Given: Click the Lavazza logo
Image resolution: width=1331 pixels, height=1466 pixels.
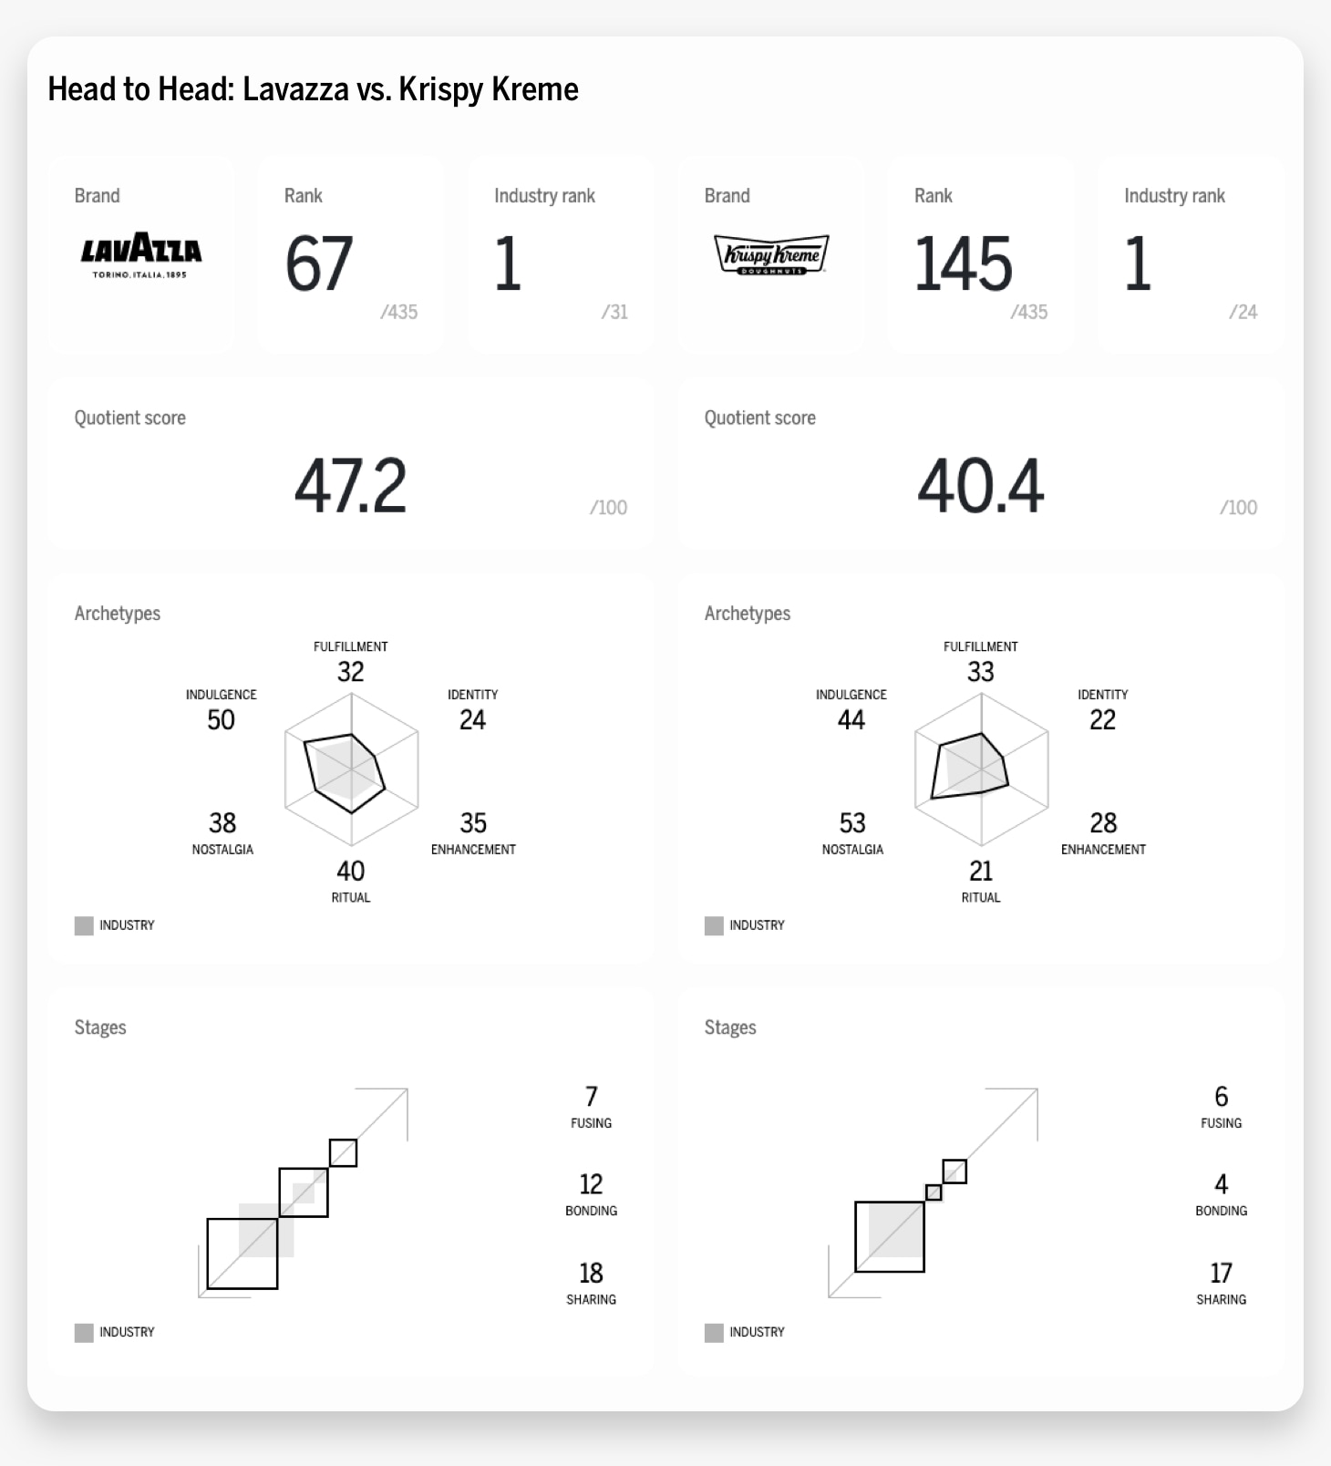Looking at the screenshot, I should (x=141, y=254).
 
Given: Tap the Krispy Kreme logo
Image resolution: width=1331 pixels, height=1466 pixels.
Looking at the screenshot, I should (x=771, y=254).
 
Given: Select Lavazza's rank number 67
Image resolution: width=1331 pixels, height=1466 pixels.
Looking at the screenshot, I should (x=319, y=264).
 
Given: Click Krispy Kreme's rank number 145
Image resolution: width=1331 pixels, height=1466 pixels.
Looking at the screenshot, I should (x=963, y=264).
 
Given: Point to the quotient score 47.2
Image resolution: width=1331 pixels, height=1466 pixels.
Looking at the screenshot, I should (x=350, y=486).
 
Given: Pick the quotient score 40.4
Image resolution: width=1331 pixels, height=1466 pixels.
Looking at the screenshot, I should (x=980, y=486).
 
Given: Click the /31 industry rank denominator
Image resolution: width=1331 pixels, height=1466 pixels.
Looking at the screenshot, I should (x=614, y=312).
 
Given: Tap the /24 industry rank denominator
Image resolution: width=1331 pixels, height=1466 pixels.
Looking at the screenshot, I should (x=1243, y=312).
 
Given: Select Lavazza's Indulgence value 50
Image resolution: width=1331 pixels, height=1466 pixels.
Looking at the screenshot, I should (x=221, y=720).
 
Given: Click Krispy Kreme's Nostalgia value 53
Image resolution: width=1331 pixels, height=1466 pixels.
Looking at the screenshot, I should (x=852, y=823).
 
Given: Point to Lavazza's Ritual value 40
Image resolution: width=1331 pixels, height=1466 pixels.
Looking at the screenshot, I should (x=351, y=872).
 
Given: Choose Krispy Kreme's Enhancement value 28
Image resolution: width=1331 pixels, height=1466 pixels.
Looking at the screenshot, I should (x=1103, y=823).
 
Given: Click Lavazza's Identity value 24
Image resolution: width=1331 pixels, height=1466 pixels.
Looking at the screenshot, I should (x=472, y=720).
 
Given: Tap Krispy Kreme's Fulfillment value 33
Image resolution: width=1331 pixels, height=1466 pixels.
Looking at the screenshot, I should (x=981, y=673).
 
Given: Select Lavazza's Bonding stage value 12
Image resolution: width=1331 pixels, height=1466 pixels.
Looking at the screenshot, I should (x=591, y=1184).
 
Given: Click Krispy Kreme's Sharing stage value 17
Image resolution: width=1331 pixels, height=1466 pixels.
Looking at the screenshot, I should (x=1221, y=1273).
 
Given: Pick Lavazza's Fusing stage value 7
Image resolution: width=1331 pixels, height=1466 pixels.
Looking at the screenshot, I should (x=591, y=1097).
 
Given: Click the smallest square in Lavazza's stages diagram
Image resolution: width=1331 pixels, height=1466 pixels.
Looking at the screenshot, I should (x=343, y=1152).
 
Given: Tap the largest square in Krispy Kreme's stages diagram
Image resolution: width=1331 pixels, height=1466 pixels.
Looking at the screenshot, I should (x=890, y=1237).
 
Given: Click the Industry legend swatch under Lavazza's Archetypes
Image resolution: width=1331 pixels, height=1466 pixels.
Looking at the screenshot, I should (x=84, y=925).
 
